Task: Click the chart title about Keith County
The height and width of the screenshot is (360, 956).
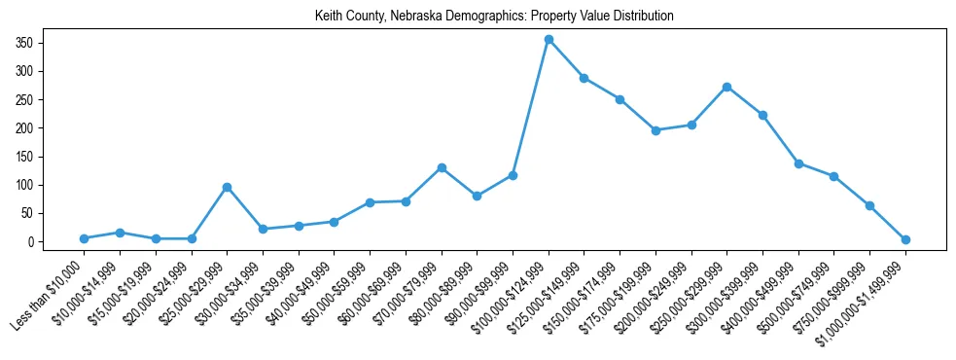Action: coord(494,17)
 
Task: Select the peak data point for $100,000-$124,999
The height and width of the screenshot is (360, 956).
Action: coord(549,39)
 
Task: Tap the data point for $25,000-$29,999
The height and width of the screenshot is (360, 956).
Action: coord(227,187)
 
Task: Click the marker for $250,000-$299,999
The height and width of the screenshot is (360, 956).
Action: coord(727,87)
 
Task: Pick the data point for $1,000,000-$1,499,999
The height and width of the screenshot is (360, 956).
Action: coord(905,239)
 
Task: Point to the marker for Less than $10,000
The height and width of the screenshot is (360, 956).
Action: coord(84,238)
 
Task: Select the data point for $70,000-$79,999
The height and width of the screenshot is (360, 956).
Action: coord(442,167)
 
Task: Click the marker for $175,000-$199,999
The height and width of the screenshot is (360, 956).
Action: coord(655,130)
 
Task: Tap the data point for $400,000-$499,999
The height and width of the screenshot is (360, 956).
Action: coord(798,163)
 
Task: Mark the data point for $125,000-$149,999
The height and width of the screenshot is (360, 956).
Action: coord(584,78)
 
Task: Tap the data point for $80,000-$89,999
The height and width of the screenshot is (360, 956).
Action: coord(477,196)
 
